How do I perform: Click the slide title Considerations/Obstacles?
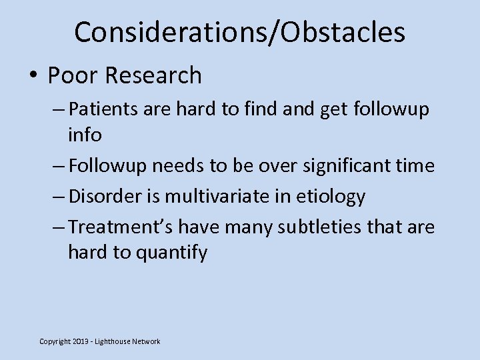click(239, 32)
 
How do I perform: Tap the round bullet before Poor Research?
click(33, 76)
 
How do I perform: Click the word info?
click(84, 135)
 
